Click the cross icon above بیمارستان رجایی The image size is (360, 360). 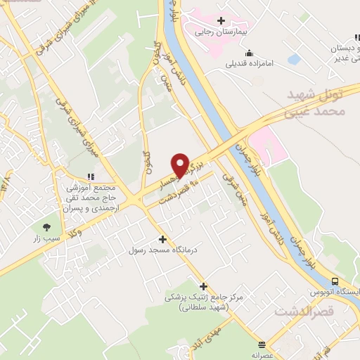click(221, 21)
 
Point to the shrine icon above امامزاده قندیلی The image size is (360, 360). click(249, 52)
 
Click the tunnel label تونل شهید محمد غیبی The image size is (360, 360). click(317, 102)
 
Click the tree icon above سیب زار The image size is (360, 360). click(47, 227)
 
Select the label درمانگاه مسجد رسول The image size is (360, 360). click(163, 250)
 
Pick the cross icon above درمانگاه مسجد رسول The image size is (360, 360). click(163, 239)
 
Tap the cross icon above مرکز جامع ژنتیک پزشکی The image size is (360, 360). click(204, 286)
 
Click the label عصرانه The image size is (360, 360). click(262, 356)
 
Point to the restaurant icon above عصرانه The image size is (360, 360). click(262, 345)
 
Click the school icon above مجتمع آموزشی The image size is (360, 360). click(89, 176)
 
